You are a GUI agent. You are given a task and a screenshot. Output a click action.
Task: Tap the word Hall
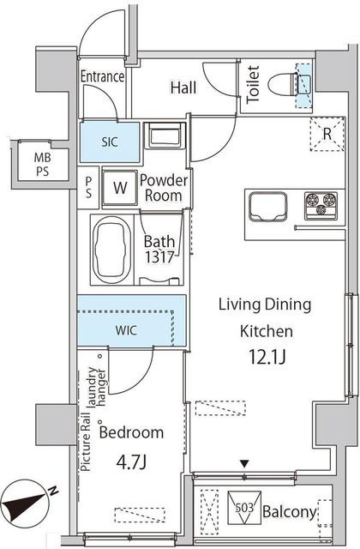click(x=183, y=87)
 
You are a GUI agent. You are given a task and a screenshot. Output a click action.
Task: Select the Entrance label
click(x=103, y=76)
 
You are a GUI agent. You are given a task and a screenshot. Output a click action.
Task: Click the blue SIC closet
click(x=110, y=142)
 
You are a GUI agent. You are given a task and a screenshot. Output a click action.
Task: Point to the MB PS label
click(x=42, y=165)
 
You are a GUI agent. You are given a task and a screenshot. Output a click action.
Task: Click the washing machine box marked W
click(x=120, y=188)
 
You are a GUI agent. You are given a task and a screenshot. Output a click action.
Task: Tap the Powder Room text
click(x=164, y=188)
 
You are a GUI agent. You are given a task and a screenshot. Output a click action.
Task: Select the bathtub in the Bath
click(x=111, y=250)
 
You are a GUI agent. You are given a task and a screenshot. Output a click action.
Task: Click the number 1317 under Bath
click(x=159, y=257)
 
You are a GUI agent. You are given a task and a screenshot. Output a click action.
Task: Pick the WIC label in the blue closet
click(x=126, y=330)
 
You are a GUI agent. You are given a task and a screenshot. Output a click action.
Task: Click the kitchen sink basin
click(x=267, y=207)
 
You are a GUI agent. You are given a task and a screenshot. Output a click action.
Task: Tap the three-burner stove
click(x=321, y=206)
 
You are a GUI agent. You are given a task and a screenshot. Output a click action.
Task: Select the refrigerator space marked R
click(x=327, y=134)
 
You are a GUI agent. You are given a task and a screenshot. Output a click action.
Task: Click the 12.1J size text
click(x=267, y=357)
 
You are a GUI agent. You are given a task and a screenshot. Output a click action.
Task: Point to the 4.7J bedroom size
click(x=131, y=462)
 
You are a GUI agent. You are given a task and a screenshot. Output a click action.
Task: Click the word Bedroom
click(x=131, y=432)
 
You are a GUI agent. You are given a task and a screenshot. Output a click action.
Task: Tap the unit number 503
click(x=243, y=507)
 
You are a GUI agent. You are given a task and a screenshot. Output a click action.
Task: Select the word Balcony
click(x=290, y=512)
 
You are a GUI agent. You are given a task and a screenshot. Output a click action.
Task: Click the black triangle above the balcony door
click(x=244, y=464)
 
